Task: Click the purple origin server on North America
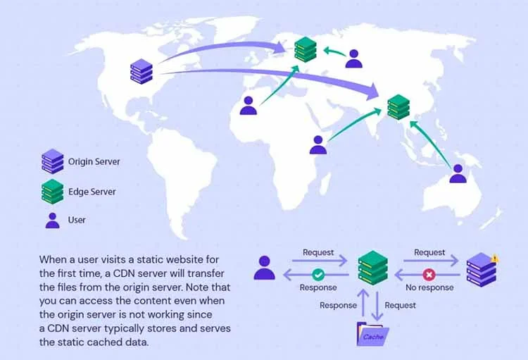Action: [142, 71]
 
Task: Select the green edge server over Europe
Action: [306, 49]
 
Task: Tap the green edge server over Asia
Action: [398, 107]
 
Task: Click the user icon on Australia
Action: [458, 173]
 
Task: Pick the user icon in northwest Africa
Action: [249, 106]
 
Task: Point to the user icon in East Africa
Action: [318, 145]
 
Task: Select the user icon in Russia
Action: [354, 58]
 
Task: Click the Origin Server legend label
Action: [94, 161]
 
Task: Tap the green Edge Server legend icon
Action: [53, 192]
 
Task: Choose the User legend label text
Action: [77, 220]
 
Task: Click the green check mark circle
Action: [318, 275]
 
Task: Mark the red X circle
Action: [429, 275]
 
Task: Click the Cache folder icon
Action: [372, 335]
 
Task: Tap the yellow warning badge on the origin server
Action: [494, 259]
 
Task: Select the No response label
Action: [429, 287]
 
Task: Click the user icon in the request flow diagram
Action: [264, 268]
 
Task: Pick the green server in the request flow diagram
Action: [372, 268]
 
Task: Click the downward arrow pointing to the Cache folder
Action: [377, 306]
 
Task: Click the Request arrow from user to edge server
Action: [319, 261]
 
